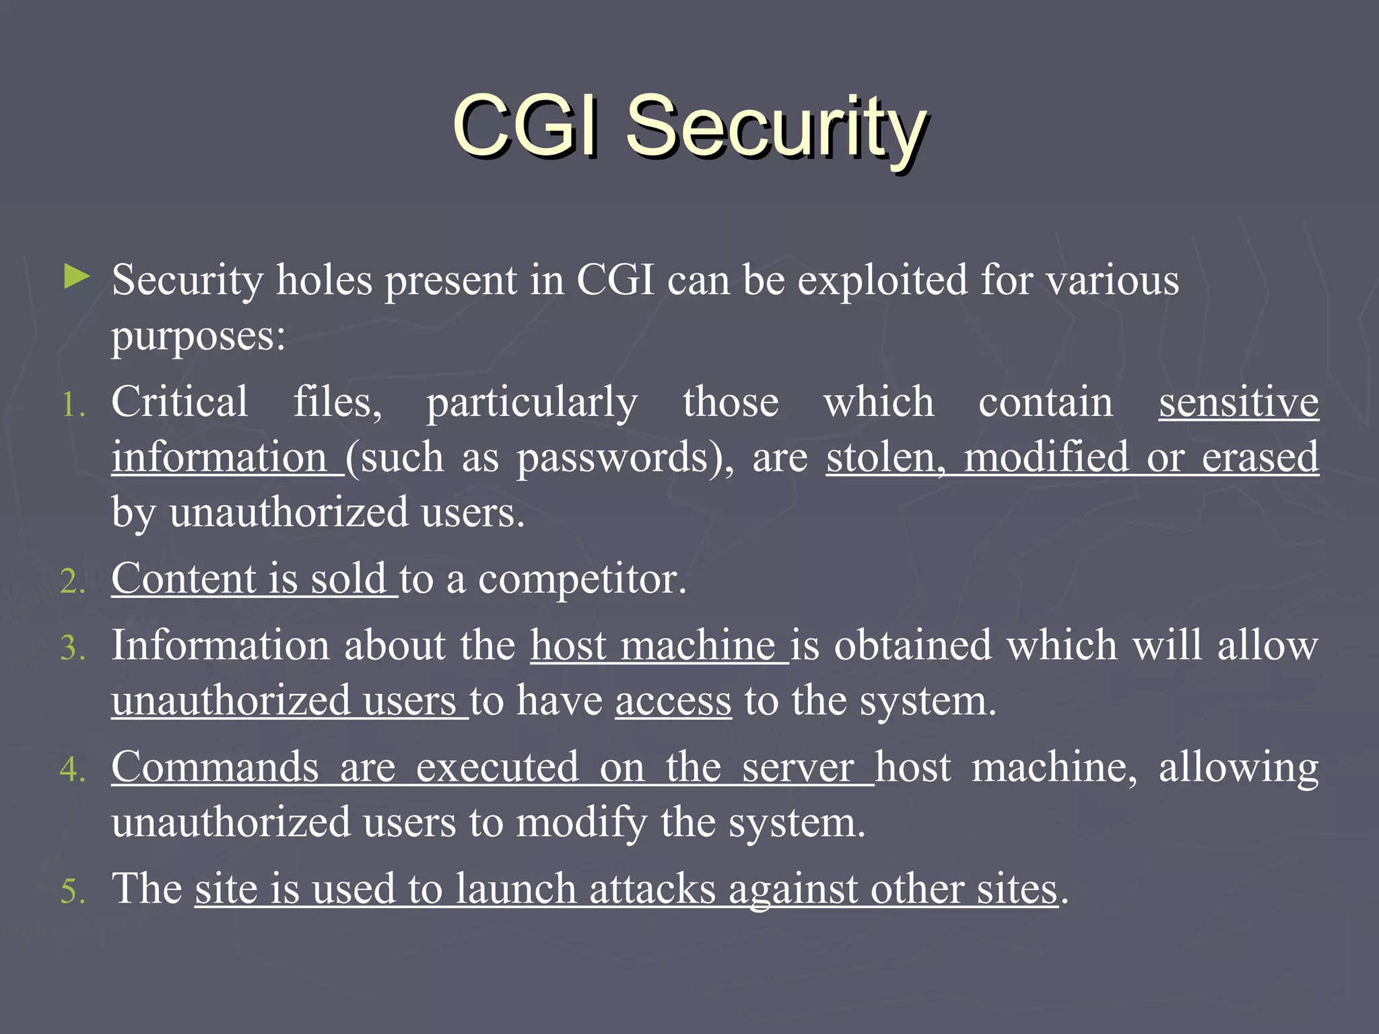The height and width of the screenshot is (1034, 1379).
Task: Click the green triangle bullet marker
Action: pos(77,277)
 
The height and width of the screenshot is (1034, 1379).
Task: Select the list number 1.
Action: pos(73,406)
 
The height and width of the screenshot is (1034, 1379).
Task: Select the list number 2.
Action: pos(73,582)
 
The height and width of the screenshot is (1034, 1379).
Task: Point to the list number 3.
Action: pos(73,648)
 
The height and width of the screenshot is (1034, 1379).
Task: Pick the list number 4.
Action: pos(73,769)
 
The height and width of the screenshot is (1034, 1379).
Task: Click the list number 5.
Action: pos(73,891)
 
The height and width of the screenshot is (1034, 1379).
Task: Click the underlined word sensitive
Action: pos(1238,403)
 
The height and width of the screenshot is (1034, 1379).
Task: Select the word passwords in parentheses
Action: pos(613,458)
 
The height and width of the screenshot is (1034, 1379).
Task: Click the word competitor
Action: pos(582,579)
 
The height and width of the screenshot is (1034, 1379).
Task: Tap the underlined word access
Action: pos(673,701)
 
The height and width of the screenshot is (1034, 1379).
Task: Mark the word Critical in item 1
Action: pos(180,403)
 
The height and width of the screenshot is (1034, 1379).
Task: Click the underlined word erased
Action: pos(1260,458)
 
